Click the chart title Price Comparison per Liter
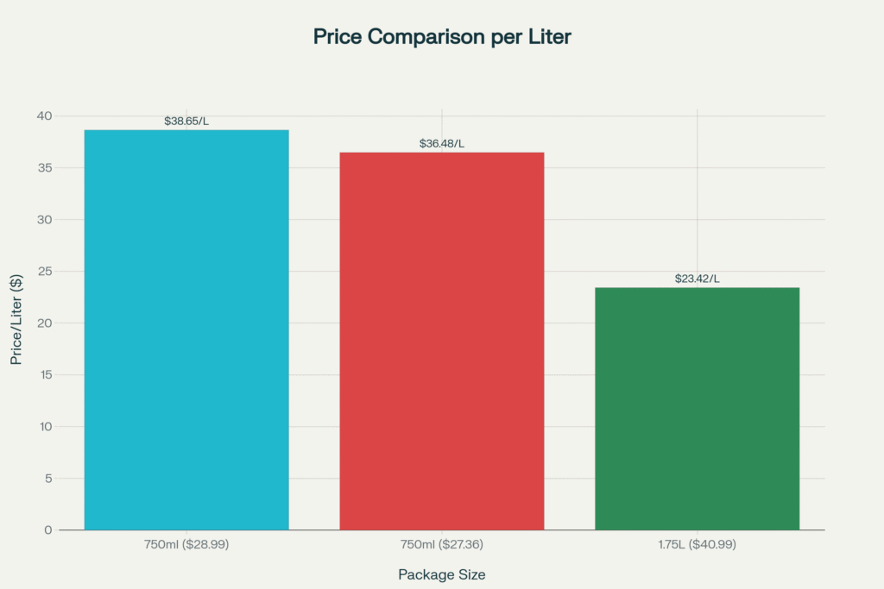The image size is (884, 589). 441,37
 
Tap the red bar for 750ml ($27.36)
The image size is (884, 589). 441,341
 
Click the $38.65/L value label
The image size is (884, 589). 186,122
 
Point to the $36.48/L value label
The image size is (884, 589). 441,143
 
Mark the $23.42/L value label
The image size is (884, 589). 697,279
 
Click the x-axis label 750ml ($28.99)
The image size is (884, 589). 186,545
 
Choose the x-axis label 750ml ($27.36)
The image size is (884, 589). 441,545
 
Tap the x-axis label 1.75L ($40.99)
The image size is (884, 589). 697,545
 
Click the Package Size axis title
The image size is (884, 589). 441,574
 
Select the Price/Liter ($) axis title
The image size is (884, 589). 16,323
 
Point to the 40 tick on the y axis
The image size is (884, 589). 44,116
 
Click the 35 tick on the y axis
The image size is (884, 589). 44,168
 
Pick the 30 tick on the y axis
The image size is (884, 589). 44,220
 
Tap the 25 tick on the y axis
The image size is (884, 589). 44,272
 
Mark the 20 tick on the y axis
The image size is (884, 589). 44,323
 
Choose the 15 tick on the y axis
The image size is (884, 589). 44,375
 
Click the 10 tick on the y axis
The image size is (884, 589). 44,427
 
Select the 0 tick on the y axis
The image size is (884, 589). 48,530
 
